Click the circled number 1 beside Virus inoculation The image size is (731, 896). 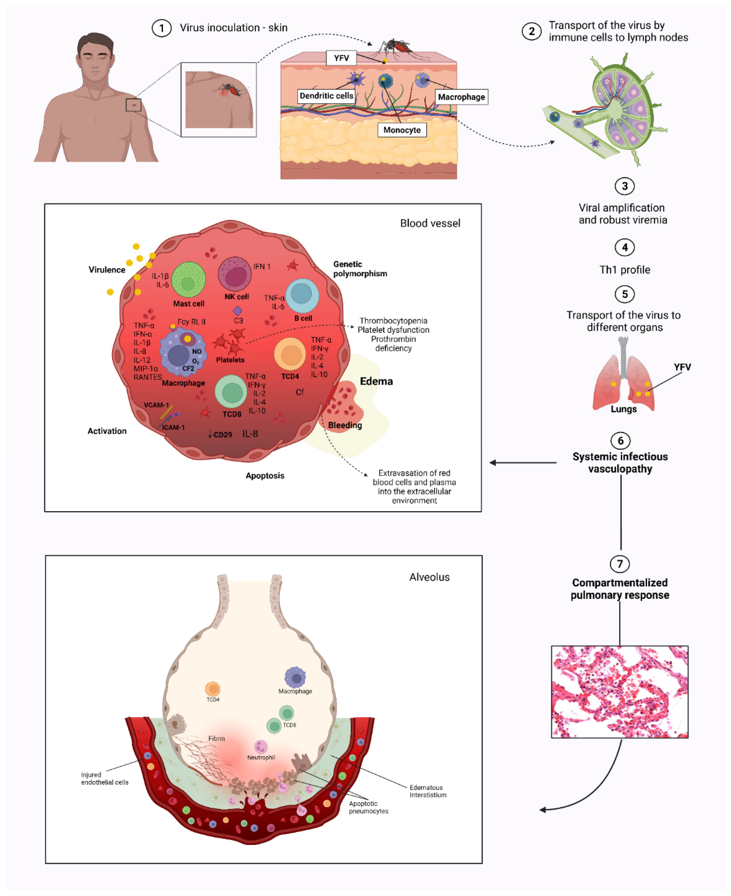tap(161, 28)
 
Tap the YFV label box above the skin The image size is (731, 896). tap(341, 58)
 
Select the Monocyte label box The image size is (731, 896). tap(402, 130)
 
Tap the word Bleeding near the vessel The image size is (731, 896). tap(345, 425)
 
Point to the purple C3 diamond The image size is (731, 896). tap(238, 311)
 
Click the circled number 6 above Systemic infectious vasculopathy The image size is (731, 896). tap(620, 441)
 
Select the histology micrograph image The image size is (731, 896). tap(619, 692)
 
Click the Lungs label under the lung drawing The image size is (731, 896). tap(624, 409)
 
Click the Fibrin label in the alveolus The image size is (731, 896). tap(216, 738)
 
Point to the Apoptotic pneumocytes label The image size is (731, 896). tap(368, 807)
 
